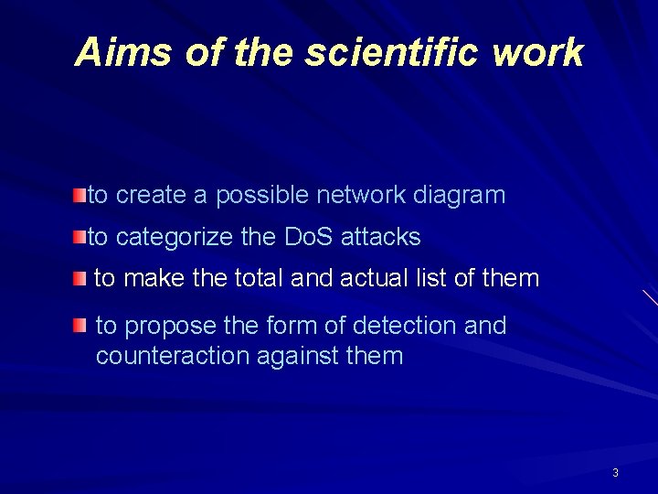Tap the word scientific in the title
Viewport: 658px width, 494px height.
(392, 52)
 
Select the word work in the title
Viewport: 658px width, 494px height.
(537, 52)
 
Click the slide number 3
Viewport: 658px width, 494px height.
(615, 473)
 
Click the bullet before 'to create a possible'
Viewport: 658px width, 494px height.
(81, 195)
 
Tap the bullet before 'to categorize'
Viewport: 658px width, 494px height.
(81, 238)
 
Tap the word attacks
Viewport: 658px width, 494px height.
(380, 238)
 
